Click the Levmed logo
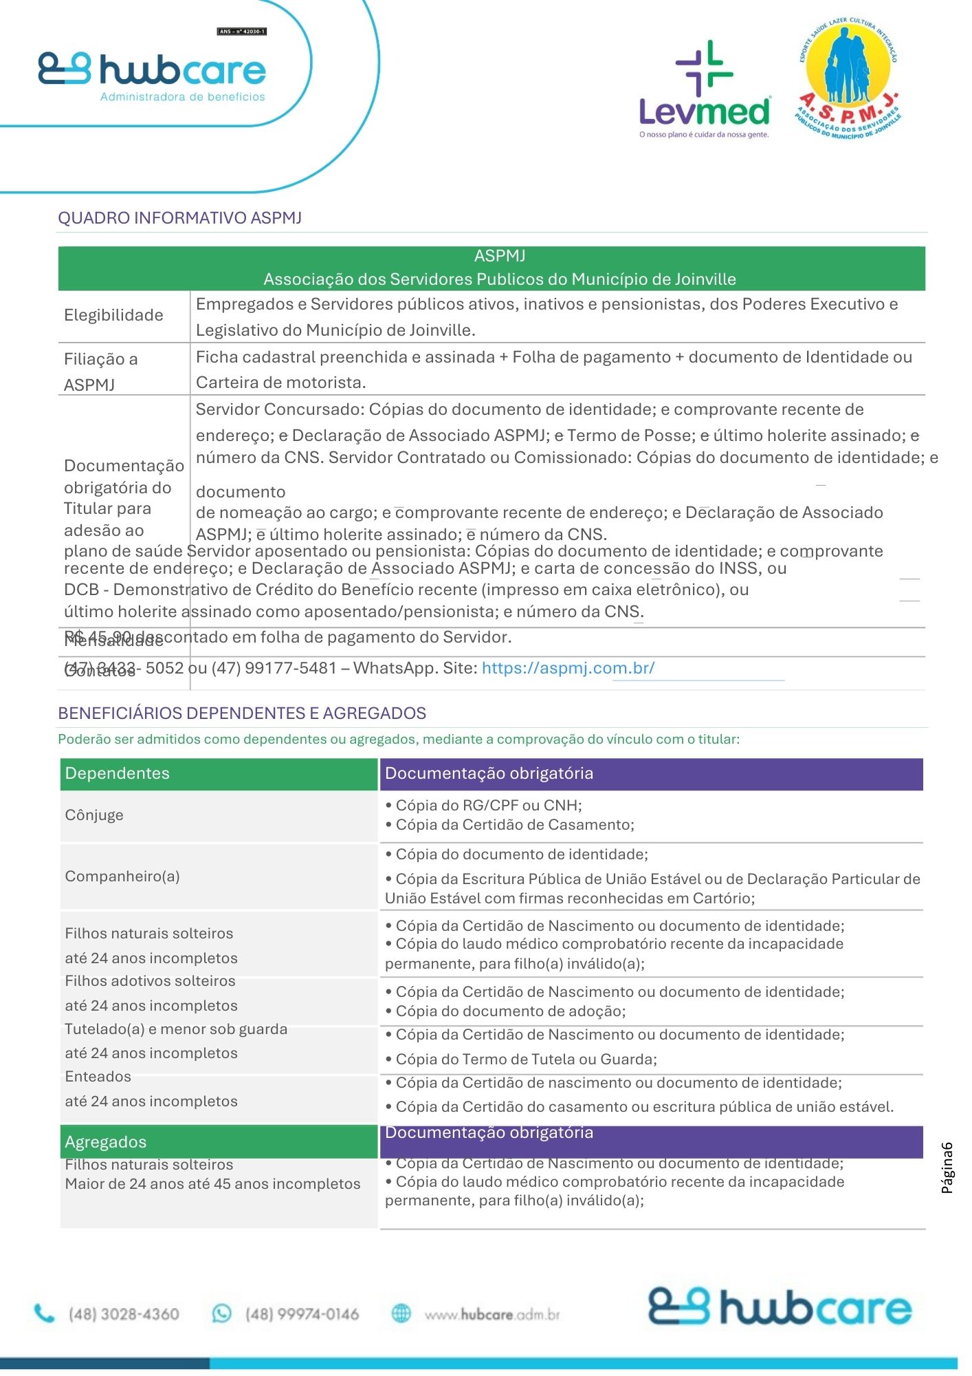[704, 90]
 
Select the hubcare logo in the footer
[780, 1307]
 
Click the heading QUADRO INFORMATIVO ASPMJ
[180, 218]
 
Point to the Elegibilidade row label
[114, 315]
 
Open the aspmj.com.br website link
[568, 668]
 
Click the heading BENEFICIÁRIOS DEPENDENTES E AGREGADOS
[242, 713]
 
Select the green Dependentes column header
[219, 773]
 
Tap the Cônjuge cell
[95, 815]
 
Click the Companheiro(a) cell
[122, 877]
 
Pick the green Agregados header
[219, 1142]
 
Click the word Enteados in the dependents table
[98, 1077]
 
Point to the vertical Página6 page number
[947, 1168]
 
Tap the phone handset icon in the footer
[45, 1314]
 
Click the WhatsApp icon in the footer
[222, 1313]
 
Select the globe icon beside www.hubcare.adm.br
[401, 1313]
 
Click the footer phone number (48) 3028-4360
[124, 1314]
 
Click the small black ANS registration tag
[242, 32]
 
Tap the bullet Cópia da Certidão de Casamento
[514, 825]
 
